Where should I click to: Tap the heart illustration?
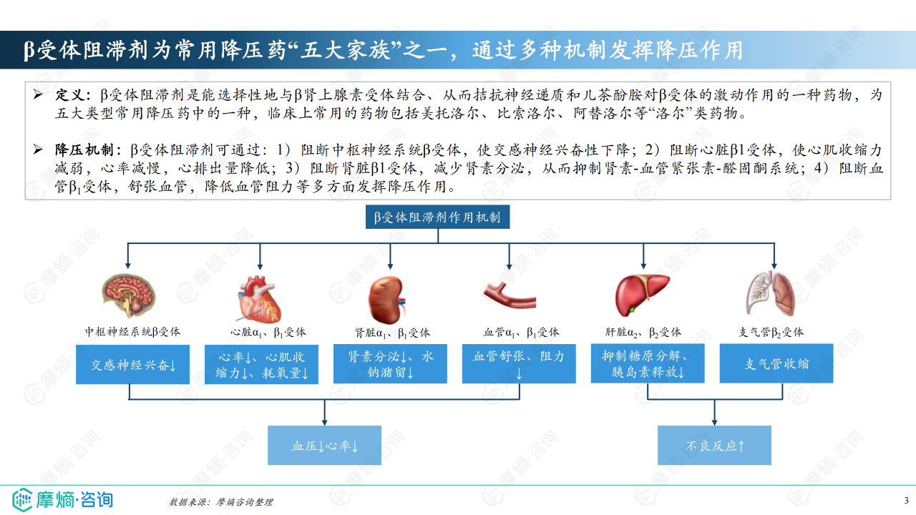(260, 298)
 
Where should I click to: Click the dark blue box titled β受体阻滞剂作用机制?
(437, 217)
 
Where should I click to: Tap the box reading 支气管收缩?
(776, 363)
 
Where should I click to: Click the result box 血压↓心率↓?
(324, 446)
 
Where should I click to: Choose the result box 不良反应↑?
(714, 446)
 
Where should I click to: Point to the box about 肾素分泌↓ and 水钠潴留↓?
(391, 364)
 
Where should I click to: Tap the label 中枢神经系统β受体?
(132, 332)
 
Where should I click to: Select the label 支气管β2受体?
(771, 332)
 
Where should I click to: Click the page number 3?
(906, 499)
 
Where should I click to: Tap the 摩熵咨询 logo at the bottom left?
(63, 499)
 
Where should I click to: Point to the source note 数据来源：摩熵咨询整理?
(220, 502)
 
